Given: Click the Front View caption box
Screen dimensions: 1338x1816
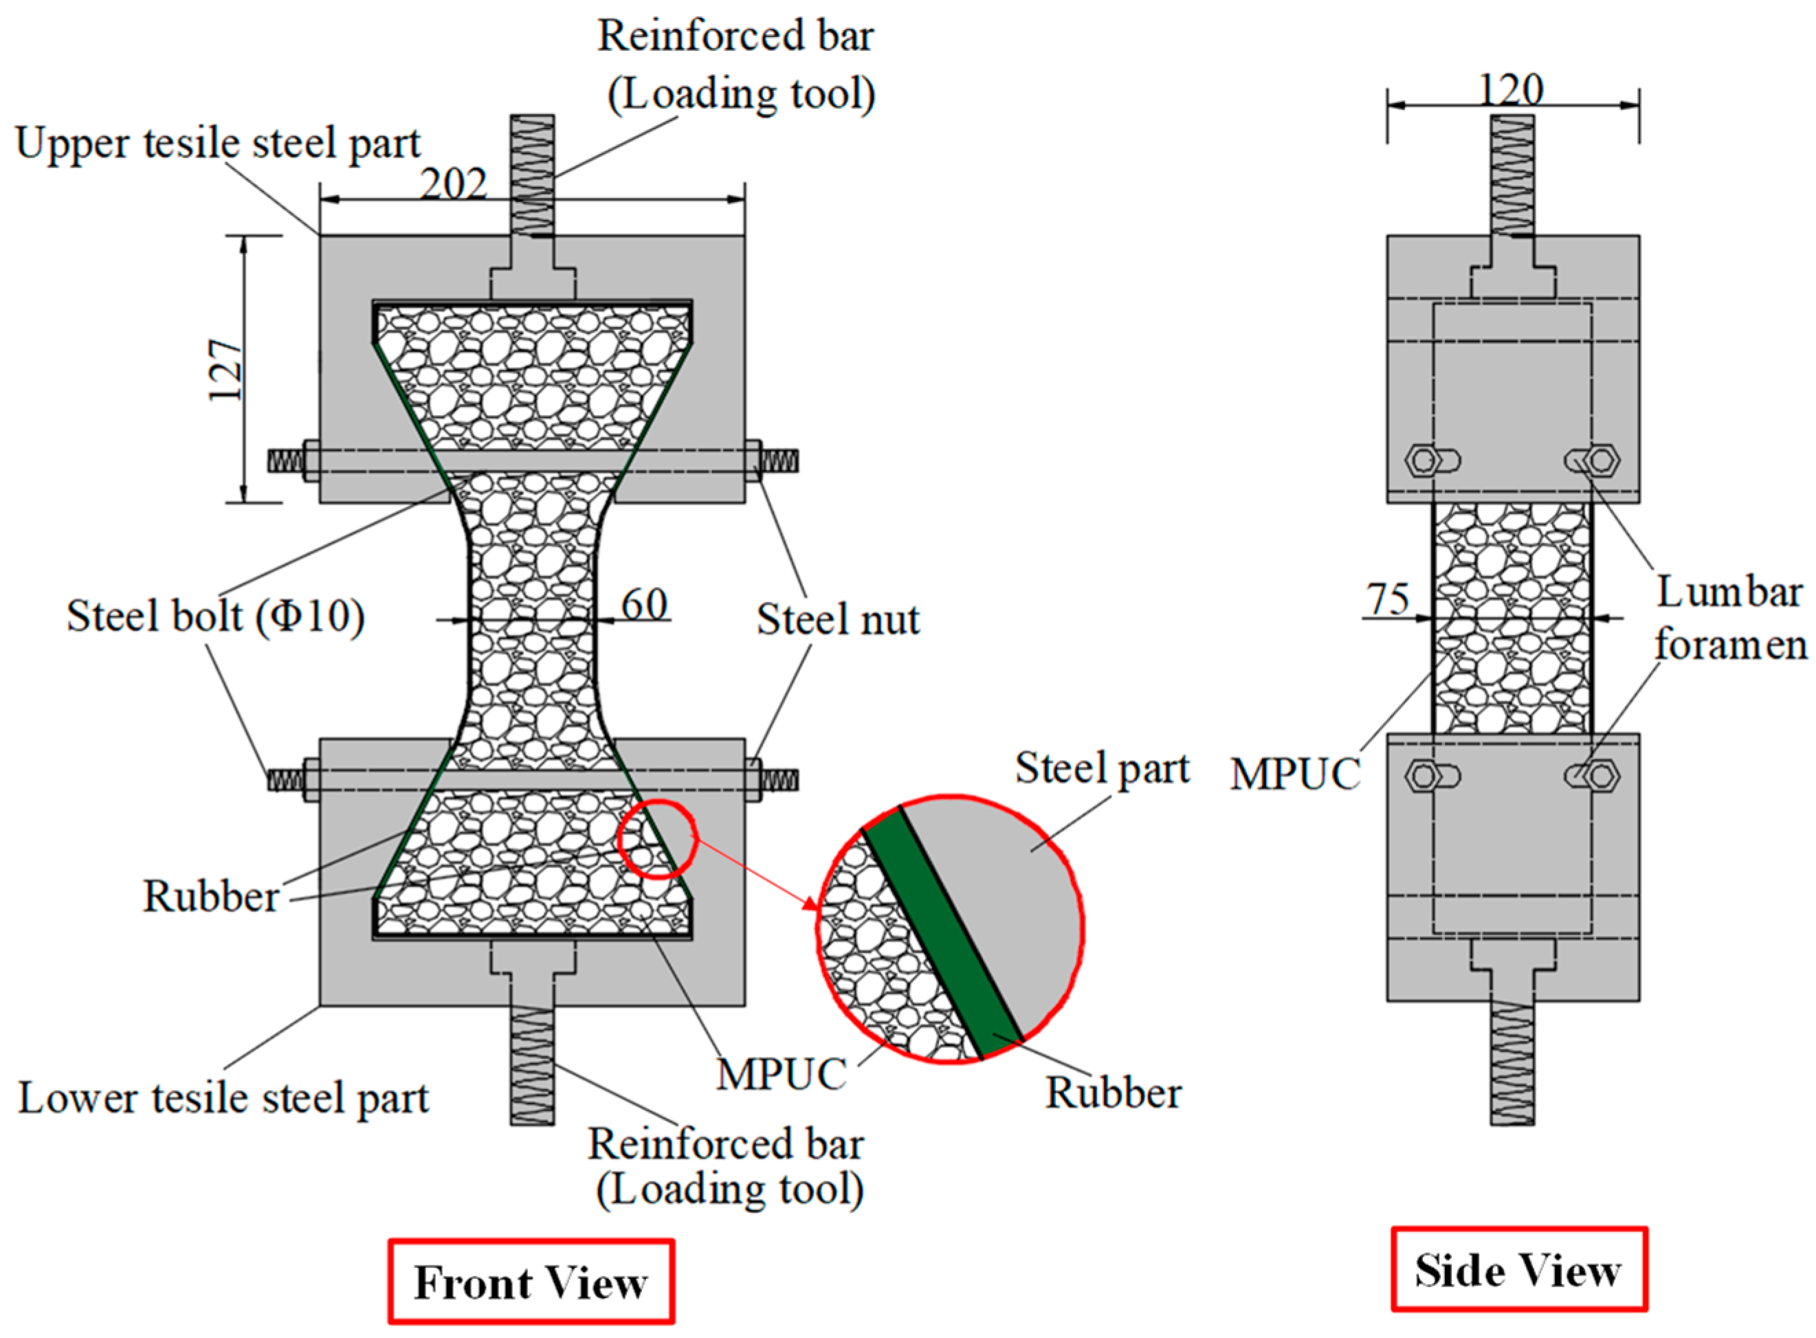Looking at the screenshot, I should coord(531,1282).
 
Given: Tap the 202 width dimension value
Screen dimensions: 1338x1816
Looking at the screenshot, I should coord(453,184).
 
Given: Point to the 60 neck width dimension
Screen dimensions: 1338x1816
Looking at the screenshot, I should coord(644,603).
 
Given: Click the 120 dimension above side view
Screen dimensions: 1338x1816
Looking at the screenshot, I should coord(1511,89).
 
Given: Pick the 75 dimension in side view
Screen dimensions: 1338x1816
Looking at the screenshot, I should coord(1388,599).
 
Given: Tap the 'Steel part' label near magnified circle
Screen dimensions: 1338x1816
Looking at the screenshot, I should coord(1103,767).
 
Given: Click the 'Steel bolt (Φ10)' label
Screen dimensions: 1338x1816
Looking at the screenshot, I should coord(215,616).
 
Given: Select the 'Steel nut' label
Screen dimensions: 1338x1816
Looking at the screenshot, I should coord(837,620).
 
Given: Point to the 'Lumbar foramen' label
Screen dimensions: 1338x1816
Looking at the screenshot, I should coord(1729,618).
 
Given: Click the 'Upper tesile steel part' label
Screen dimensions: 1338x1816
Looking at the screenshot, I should coord(218,144).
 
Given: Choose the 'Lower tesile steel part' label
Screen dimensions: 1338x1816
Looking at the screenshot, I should coord(223,1098).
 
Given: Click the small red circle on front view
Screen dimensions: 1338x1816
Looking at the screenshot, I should coord(657,839).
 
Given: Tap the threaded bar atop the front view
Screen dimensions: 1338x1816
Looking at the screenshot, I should coord(532,174).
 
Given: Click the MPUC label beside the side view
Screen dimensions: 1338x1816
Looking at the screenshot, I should coord(1294,774).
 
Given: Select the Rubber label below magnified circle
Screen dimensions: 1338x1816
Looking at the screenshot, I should coord(1113,1093).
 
